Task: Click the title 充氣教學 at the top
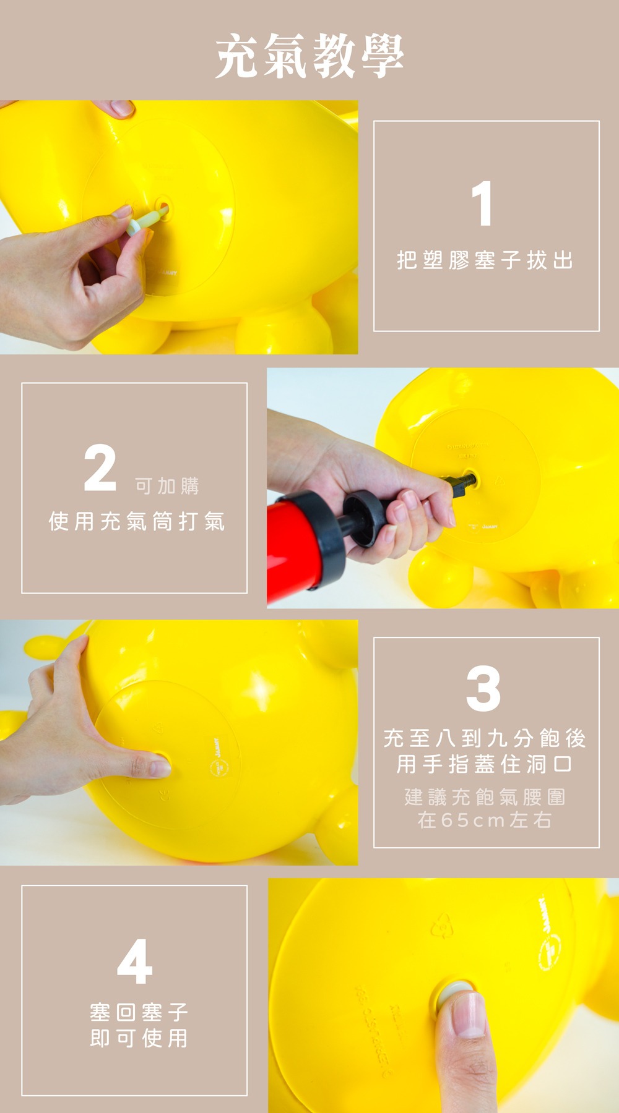(309, 56)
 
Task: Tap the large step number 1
(482, 203)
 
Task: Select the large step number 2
(100, 468)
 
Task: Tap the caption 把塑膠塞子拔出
(485, 260)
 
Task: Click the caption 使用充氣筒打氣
(137, 521)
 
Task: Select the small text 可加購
(167, 487)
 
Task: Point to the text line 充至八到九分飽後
(485, 738)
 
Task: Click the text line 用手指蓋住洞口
(485, 764)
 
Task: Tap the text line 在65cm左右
(485, 820)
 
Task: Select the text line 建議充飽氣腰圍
(485, 797)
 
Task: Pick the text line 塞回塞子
(139, 1012)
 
